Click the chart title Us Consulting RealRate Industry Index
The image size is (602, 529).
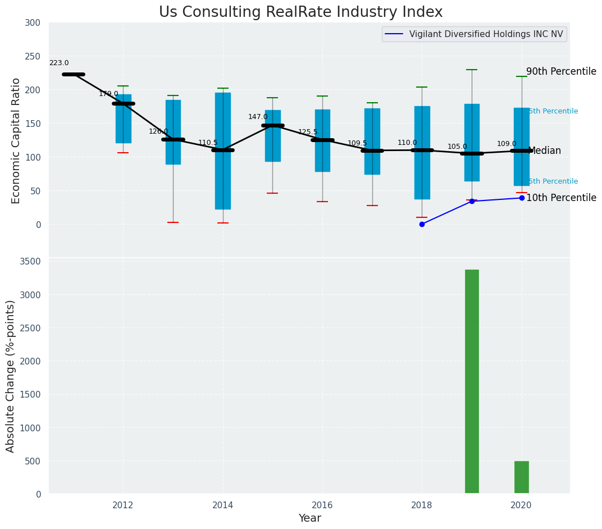pos(300,12)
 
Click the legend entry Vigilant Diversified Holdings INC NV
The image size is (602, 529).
pos(486,34)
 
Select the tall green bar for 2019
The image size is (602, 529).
pos(472,382)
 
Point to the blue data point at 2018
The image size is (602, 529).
pos(422,224)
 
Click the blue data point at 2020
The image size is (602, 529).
pos(522,198)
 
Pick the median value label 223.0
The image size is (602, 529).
pos(59,63)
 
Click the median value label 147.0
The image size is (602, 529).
pos(258,117)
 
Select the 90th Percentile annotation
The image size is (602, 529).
pos(561,72)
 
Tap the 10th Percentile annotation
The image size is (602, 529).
pos(561,198)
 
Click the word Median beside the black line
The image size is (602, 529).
pos(544,151)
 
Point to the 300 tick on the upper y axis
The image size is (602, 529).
pos(33,23)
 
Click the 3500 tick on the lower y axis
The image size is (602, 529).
pos(30,261)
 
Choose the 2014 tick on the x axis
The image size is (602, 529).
pos(223,505)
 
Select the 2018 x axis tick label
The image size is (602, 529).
pos(422,505)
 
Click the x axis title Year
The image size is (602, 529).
pos(309,518)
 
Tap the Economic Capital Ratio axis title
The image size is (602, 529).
pos(16,140)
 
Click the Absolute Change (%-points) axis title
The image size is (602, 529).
pos(11,376)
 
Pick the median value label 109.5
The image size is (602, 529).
pos(357,144)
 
